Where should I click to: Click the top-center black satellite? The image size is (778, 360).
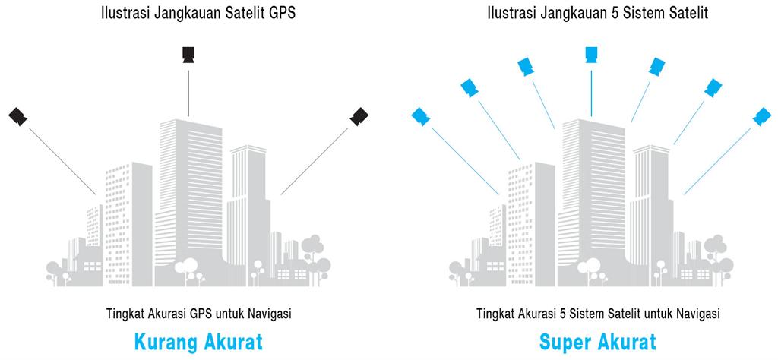188,54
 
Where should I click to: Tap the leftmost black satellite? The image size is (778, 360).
18,116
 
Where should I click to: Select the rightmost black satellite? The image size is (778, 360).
359,116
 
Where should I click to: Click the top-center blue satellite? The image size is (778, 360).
591,54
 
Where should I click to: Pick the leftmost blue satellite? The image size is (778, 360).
420,116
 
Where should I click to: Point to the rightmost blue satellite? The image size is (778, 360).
761,116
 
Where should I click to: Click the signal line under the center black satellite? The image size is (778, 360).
188,91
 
